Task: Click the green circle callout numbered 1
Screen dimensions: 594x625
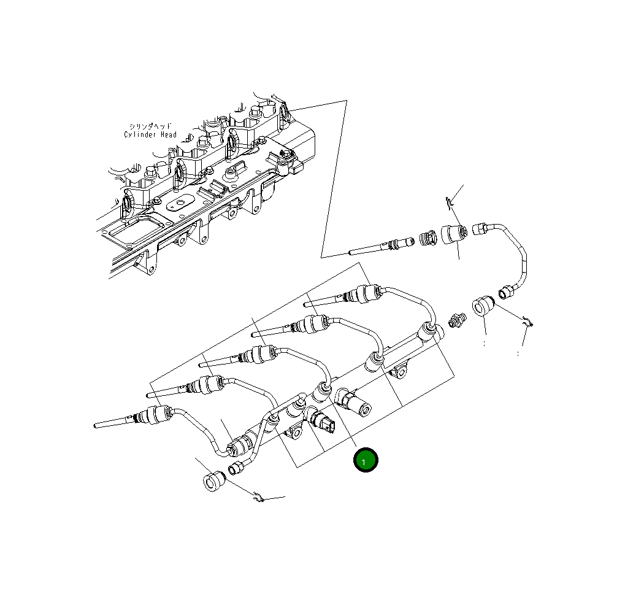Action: tap(365, 460)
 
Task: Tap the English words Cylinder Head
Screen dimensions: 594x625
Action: tap(150, 134)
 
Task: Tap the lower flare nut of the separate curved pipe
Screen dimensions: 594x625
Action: tap(507, 291)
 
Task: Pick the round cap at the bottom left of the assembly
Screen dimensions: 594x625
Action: tap(213, 481)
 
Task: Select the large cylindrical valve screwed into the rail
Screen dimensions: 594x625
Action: tap(357, 403)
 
